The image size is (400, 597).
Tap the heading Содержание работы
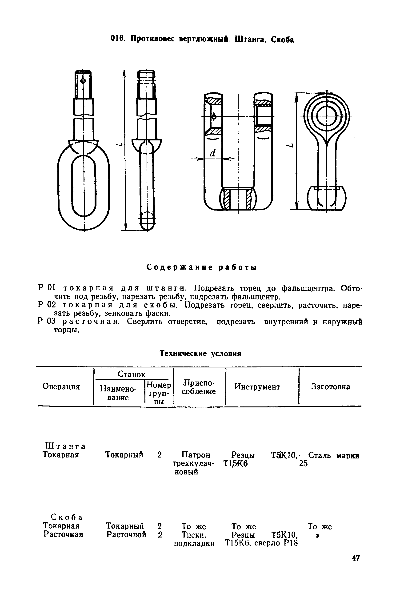pyautogui.click(x=202, y=267)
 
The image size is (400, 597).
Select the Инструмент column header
pyautogui.click(x=257, y=387)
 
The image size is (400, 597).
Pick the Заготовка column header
pyautogui.click(x=330, y=387)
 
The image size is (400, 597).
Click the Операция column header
pyautogui.click(x=61, y=387)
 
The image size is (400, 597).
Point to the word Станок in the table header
pyautogui.click(x=131, y=374)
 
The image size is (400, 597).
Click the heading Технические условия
pyautogui.click(x=200, y=354)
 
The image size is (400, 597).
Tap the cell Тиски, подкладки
pyautogui.click(x=194, y=539)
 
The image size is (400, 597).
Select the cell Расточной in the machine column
pyautogui.click(x=126, y=534)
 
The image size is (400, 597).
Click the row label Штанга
pyautogui.click(x=65, y=446)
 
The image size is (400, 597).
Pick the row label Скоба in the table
pyautogui.click(x=67, y=517)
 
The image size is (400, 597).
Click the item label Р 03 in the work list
pyautogui.click(x=46, y=322)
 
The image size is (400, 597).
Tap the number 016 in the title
pyautogui.click(x=117, y=39)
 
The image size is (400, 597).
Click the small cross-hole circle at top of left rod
pyautogui.click(x=82, y=81)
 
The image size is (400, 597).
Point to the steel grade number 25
pyautogui.click(x=303, y=464)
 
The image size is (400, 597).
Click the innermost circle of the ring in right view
pyautogui.click(x=327, y=116)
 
